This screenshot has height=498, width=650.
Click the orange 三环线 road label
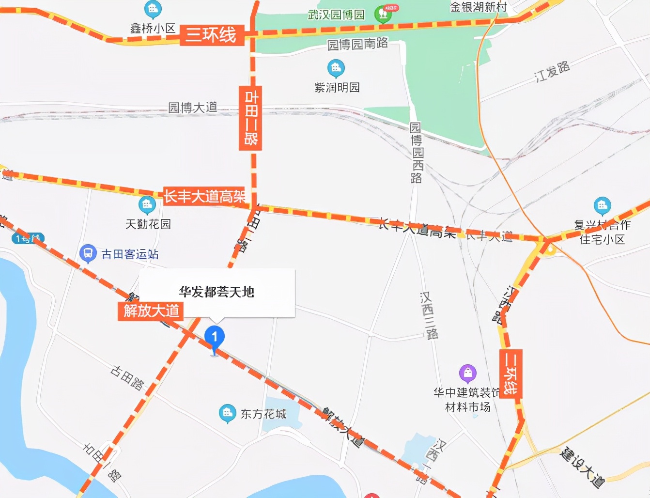pos(211,35)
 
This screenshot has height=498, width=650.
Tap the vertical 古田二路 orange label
pos(250,117)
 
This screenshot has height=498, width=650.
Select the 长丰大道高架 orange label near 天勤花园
pos(204,196)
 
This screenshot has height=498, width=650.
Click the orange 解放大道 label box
pos(151,311)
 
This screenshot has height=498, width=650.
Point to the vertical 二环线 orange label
pos(511,373)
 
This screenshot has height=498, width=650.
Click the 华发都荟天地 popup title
pos(217,292)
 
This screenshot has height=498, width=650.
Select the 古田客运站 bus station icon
pos(88,253)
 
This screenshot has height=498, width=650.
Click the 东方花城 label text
pos(263,414)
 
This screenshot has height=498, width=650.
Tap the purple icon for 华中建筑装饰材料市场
pos(467,373)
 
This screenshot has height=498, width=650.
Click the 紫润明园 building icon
pos(336,68)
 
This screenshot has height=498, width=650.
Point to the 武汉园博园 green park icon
pos(383,14)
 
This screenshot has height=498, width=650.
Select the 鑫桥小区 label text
pos(153,29)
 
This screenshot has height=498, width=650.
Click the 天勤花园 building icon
pos(147,205)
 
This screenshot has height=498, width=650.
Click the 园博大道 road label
pos(193,107)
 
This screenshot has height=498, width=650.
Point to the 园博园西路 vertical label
pos(416,153)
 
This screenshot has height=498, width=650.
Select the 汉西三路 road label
pos(429,315)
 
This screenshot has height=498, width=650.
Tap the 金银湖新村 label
pos(479,7)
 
